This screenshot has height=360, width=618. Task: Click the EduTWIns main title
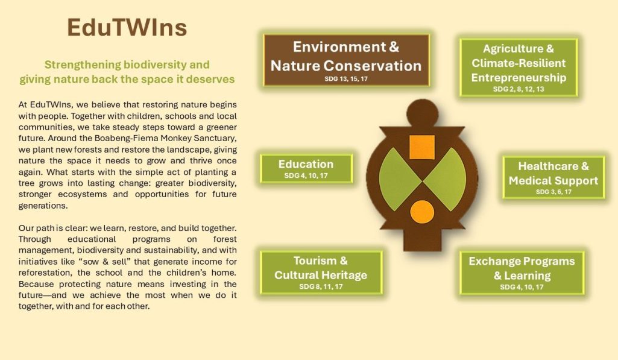click(127, 28)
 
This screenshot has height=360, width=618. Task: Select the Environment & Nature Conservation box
click(347, 60)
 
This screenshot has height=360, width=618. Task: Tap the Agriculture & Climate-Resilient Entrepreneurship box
click(519, 68)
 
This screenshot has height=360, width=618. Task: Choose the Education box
click(306, 169)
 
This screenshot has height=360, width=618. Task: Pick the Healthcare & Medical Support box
click(553, 177)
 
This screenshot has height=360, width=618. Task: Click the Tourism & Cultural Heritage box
click(321, 273)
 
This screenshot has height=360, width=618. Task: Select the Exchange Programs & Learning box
click(522, 273)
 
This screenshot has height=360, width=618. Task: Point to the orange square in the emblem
click(422, 147)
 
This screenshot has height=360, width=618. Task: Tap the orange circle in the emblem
click(422, 212)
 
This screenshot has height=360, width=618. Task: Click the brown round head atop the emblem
click(422, 113)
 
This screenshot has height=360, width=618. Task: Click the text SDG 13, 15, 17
click(346, 79)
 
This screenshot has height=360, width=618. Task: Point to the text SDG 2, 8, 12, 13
click(519, 89)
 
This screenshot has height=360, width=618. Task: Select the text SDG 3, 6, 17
click(553, 192)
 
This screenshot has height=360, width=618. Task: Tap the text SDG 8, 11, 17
click(321, 286)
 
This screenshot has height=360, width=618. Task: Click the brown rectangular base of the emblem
click(422, 239)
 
